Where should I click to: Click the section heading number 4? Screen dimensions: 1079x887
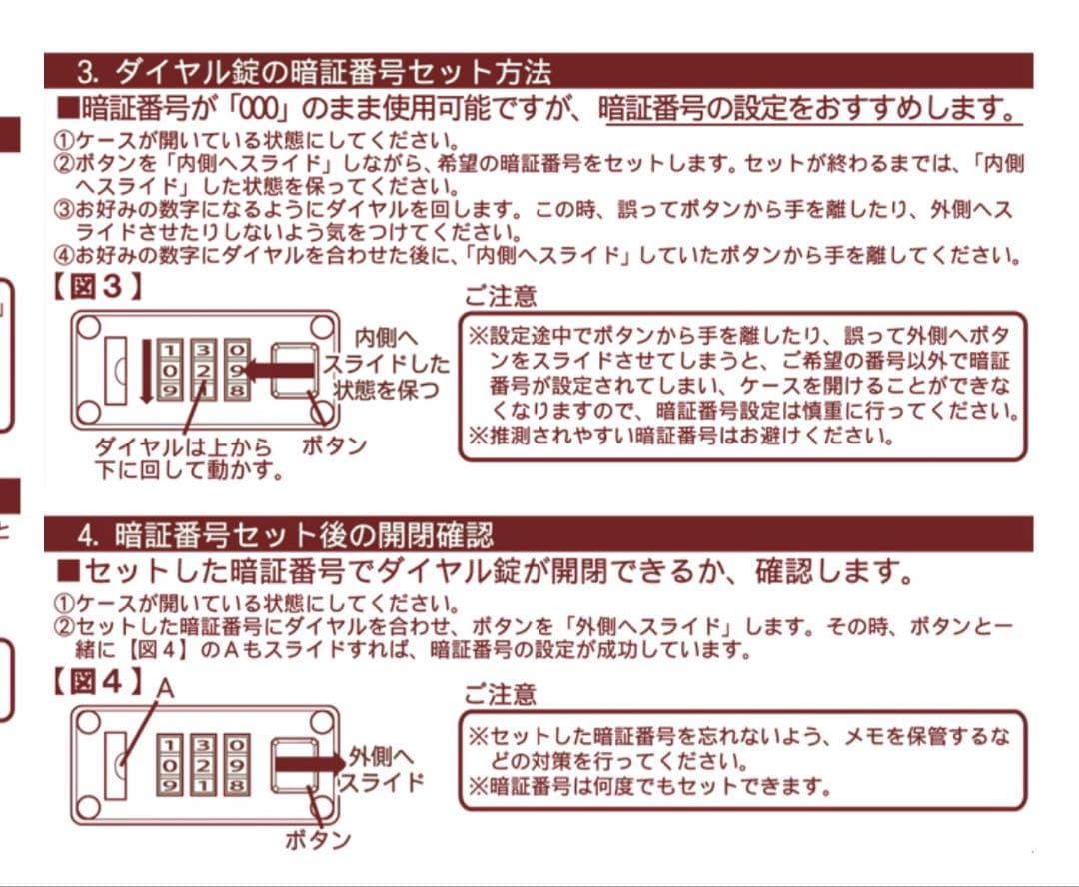pos(87,535)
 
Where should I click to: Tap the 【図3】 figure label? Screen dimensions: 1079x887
pos(98,287)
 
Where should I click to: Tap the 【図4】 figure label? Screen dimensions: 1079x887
pos(98,681)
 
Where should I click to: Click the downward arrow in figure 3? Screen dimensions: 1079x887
pos(146,371)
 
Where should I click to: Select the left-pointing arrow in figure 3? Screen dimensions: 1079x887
pos(279,371)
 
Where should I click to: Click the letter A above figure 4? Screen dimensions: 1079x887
pos(165,688)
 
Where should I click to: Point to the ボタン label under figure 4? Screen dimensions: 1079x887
pos(318,839)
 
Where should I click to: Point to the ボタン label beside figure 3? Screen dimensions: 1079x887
pos(334,445)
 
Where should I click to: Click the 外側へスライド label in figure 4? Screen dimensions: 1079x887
pos(382,770)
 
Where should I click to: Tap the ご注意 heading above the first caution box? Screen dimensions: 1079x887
pos(501,296)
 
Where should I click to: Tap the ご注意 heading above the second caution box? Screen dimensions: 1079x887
pos(501,693)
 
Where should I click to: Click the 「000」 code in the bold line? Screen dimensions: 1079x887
pos(262,108)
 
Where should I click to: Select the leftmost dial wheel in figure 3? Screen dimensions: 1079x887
pos(170,370)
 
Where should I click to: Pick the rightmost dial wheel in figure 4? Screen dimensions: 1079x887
pos(236,764)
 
